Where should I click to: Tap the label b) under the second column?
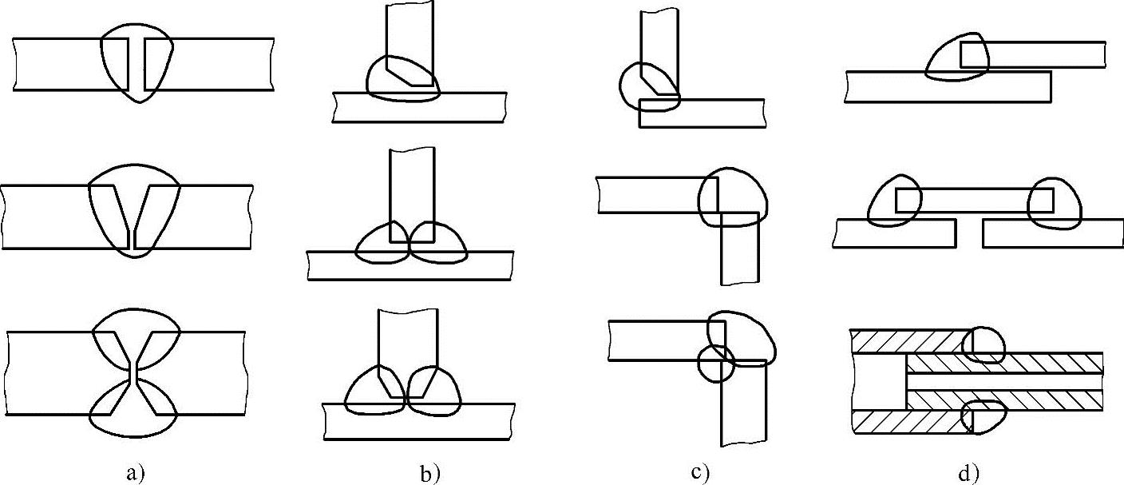click(429, 473)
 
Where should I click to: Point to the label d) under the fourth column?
click(968, 473)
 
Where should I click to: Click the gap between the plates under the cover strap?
click(969, 232)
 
